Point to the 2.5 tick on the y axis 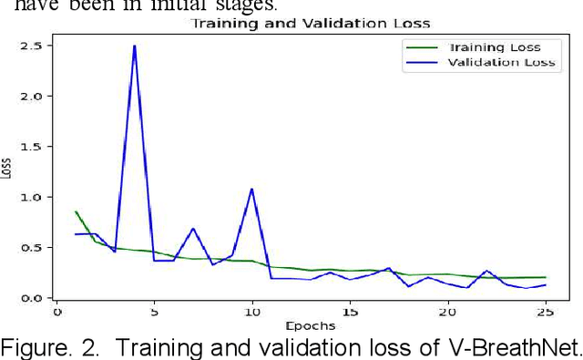[32, 46]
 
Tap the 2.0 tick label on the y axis [32, 96]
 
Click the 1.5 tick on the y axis [32, 147]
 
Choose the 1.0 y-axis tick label [32, 197]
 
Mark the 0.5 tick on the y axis [32, 248]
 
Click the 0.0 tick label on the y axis [32, 298]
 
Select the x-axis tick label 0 [56, 312]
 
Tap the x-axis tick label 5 [154, 312]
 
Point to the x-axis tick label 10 [251, 312]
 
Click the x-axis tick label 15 [349, 312]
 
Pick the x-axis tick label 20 [446, 312]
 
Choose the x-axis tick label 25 [544, 312]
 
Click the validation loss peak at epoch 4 [135, 46]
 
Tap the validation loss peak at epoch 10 [251, 190]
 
